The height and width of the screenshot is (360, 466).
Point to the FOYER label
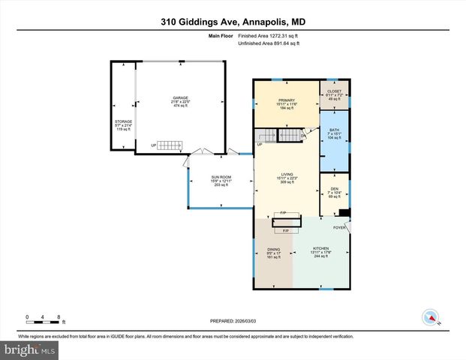coord(339,227)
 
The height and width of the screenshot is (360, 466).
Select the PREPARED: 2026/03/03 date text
coord(233,320)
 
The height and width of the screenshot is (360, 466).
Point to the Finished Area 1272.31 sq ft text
coord(269,36)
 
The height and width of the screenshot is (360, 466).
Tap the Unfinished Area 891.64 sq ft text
coord(269,44)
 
